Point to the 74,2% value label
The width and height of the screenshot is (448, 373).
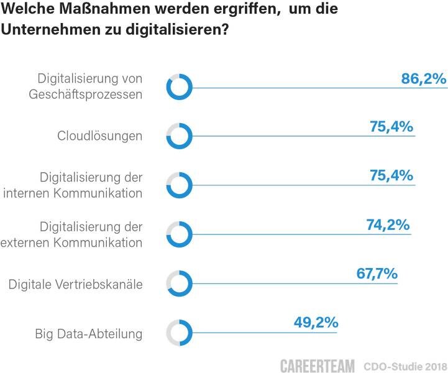click(388, 224)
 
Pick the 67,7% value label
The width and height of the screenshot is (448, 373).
click(375, 274)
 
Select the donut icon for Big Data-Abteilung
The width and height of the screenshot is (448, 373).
click(180, 333)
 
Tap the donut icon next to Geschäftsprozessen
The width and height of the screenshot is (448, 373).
click(180, 86)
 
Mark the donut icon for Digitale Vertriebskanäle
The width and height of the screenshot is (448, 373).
click(180, 283)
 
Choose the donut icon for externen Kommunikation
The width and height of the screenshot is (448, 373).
click(180, 234)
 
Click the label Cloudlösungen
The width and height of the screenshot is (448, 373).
click(100, 136)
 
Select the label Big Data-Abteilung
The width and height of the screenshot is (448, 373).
click(89, 334)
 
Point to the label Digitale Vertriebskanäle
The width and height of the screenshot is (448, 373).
click(76, 285)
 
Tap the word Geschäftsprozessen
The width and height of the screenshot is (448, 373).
click(89, 94)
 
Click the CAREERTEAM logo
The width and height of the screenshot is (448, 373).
click(318, 365)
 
